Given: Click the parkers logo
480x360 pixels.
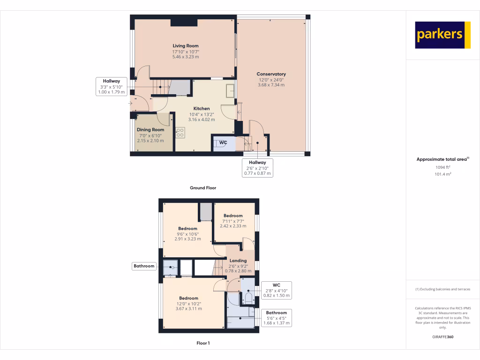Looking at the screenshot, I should point(442,35).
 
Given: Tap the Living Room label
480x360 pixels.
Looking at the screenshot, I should point(186,46).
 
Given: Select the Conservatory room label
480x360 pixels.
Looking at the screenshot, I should point(271,74).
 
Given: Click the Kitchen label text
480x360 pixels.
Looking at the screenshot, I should point(202,109).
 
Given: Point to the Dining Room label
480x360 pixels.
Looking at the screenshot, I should point(150,130).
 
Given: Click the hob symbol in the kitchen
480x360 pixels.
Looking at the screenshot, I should point(180,133).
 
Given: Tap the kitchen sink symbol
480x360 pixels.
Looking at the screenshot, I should point(230,90).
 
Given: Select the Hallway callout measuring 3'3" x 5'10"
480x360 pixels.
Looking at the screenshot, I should point(112,87).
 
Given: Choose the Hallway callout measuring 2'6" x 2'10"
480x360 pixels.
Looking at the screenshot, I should point(257,168).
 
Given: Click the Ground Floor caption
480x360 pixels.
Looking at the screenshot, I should point(202,188).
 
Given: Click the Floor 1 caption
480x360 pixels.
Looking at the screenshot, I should point(203,343).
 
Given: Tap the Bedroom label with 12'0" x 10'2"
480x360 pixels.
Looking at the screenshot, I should point(188,298).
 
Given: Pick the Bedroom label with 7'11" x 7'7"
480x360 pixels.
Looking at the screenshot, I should point(233,216).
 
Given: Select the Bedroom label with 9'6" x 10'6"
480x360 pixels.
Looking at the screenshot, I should point(187,229).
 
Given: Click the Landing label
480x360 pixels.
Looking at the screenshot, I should point(238,261).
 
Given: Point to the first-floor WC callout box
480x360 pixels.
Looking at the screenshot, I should point(277,290).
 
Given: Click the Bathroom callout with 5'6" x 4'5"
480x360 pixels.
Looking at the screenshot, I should point(277,318).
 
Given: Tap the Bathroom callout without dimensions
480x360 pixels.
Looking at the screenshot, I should point(144,266).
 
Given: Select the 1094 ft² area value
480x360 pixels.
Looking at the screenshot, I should point(442,167).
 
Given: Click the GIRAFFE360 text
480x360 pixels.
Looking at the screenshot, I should point(442,337).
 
